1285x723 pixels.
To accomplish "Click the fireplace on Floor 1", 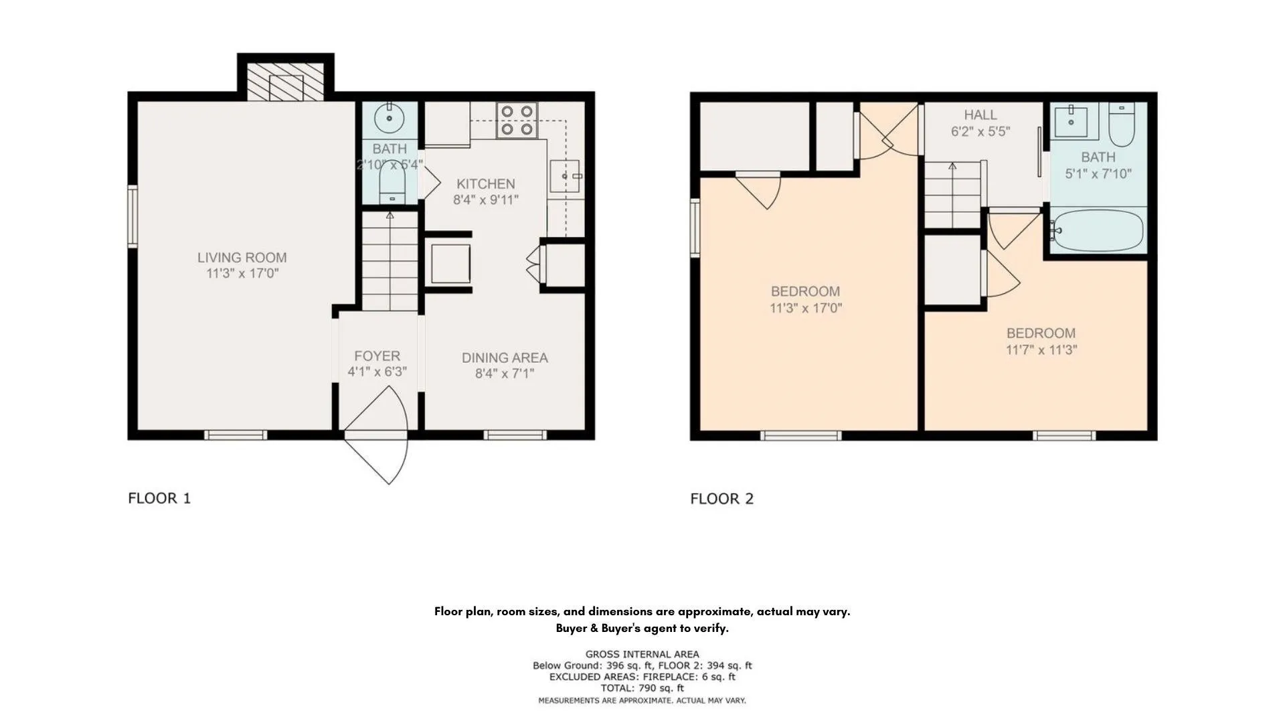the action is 286,82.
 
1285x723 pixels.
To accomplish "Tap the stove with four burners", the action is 517,120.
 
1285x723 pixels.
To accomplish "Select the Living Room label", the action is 242,257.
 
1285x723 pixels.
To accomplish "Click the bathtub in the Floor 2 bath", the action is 1096,231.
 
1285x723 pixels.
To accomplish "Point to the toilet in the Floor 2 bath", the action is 1121,124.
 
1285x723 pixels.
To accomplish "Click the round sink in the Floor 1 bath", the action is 390,119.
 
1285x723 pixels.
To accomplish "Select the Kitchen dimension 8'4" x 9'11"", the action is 486,199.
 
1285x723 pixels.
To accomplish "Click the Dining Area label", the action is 505,357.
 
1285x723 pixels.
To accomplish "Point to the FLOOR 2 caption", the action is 722,499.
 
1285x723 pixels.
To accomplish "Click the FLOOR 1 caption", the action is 159,498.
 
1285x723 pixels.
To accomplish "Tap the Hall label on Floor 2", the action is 980,114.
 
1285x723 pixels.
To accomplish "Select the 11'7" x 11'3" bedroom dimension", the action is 1041,349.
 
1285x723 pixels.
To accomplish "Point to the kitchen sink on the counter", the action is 565,176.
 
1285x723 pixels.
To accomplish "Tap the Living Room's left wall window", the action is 133,216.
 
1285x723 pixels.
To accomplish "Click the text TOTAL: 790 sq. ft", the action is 642,688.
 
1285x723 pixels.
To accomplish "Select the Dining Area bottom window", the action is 515,435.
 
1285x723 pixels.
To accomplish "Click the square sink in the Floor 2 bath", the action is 1071,120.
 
